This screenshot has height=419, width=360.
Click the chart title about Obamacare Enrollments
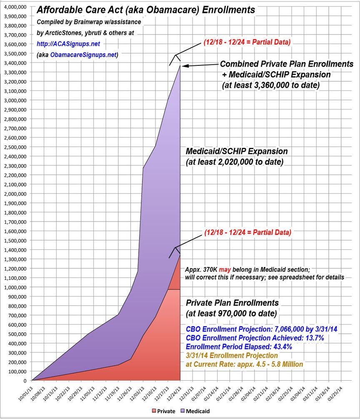[146, 10]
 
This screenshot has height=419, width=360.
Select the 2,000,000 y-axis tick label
[15, 194]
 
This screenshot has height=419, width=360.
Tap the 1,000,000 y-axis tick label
[15, 287]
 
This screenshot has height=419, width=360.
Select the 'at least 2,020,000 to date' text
[235, 161]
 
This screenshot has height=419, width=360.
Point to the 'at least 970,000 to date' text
[230, 313]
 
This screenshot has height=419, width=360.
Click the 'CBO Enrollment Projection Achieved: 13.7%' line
[255, 338]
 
